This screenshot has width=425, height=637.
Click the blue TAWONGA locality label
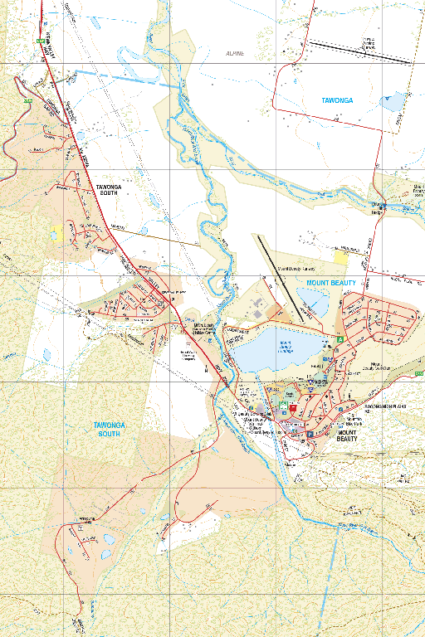(337, 100)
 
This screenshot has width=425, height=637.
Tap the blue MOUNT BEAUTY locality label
(331, 283)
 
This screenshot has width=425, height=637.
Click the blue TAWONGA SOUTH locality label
(110, 429)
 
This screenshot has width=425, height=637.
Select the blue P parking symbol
(310, 433)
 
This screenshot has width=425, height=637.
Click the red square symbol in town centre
(293, 408)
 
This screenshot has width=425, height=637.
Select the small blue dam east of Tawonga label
(391, 104)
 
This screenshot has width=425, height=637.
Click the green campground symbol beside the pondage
(340, 339)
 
